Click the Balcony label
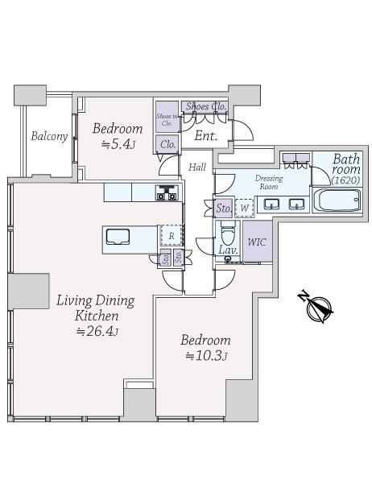(49, 136)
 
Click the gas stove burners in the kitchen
(167, 192)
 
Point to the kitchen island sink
(118, 237)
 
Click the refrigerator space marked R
(172, 236)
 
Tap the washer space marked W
(245, 208)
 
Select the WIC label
(257, 242)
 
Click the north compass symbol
(316, 306)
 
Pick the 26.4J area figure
(98, 331)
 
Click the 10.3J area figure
(207, 356)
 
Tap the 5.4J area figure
(118, 145)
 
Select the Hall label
(197, 167)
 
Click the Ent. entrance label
(206, 136)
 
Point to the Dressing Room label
(269, 182)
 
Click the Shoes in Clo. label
(167, 120)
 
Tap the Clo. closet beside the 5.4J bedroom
(167, 145)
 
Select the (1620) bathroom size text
(345, 180)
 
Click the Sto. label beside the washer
(224, 209)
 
